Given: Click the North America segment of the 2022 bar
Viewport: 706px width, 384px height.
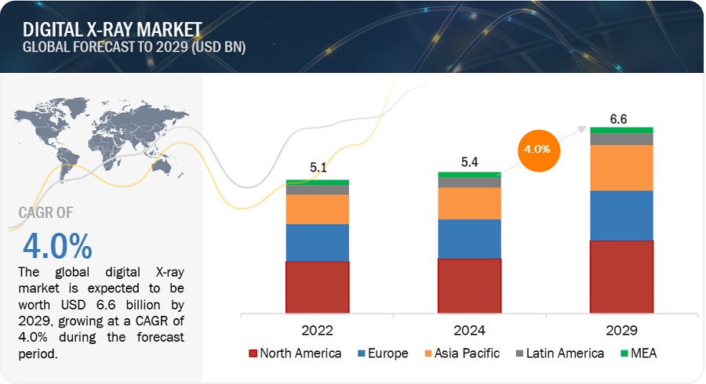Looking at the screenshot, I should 317,287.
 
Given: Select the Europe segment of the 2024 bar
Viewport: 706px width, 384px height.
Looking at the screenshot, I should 469,238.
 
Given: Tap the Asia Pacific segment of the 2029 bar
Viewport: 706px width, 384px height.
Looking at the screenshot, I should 621,168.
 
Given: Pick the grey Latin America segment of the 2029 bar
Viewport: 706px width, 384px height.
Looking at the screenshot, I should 621,139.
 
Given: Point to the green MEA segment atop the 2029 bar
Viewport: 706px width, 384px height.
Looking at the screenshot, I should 621,130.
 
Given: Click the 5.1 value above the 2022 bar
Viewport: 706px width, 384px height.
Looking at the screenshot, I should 317,167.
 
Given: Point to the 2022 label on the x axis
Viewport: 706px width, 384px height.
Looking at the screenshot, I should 317,330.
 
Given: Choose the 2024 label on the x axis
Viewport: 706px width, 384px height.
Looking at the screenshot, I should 469,330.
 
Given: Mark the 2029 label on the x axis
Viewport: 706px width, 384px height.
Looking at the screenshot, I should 621,330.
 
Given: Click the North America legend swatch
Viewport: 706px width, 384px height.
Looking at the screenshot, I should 253,353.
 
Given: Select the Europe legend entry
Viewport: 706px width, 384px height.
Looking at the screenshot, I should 382,353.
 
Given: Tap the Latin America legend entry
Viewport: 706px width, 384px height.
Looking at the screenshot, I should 559,353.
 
